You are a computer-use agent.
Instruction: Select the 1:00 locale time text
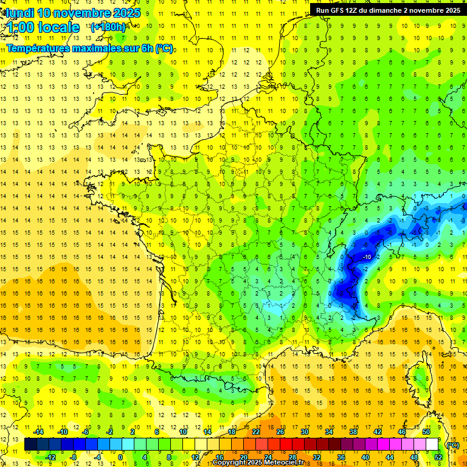click(x=43, y=27)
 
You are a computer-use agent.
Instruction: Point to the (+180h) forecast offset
click(x=108, y=27)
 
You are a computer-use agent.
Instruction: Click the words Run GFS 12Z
click(x=335, y=10)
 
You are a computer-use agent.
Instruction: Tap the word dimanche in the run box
click(x=385, y=10)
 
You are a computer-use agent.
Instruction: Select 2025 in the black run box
click(x=449, y=10)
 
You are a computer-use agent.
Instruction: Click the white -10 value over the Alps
click(x=366, y=257)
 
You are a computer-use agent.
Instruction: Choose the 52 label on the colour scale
click(x=438, y=457)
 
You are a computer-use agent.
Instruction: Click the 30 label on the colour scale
click(x=304, y=432)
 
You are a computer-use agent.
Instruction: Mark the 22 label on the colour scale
click(x=256, y=432)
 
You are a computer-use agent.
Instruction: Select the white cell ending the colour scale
click(x=432, y=445)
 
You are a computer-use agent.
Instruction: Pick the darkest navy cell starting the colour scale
click(x=30, y=445)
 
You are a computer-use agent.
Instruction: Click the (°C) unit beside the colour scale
click(x=452, y=445)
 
